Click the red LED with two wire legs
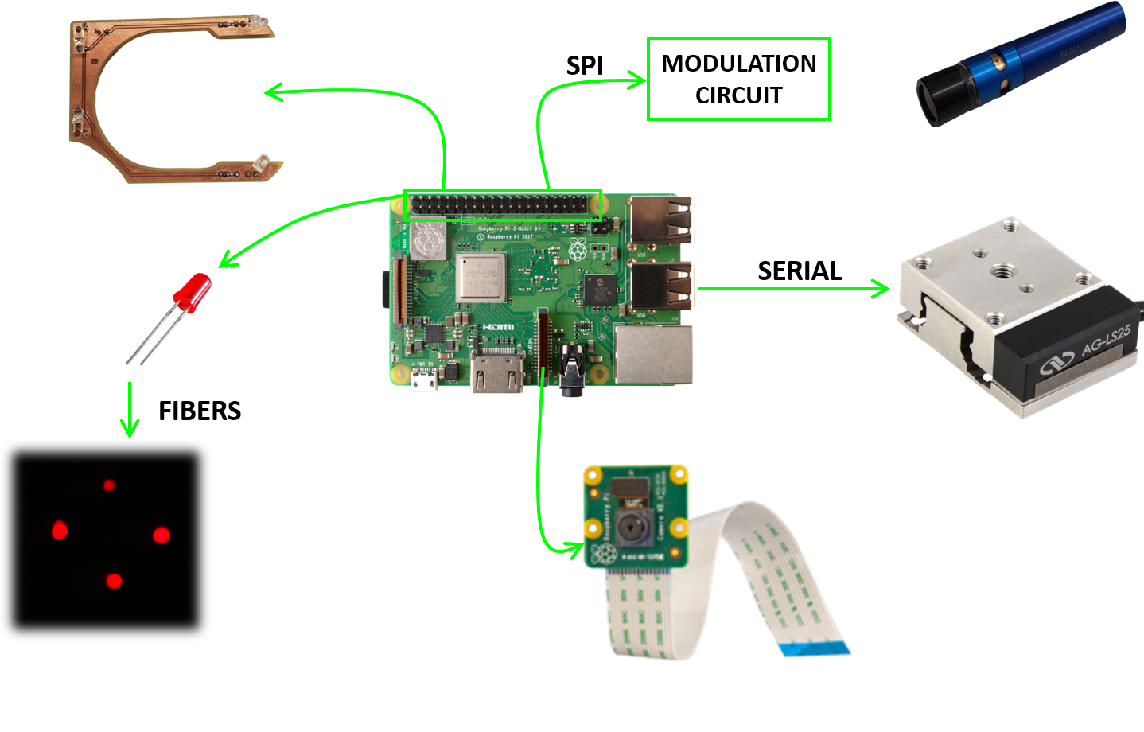(193, 291)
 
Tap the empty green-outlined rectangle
(738, 79)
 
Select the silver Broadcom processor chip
(481, 278)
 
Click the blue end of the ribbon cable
(817, 650)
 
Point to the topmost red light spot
(109, 485)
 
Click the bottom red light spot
(114, 581)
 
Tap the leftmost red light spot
(60, 530)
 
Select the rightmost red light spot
(161, 534)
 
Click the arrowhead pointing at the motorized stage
(881, 289)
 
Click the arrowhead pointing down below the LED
(130, 429)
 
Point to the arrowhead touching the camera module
(576, 548)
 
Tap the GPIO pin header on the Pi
(503, 205)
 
